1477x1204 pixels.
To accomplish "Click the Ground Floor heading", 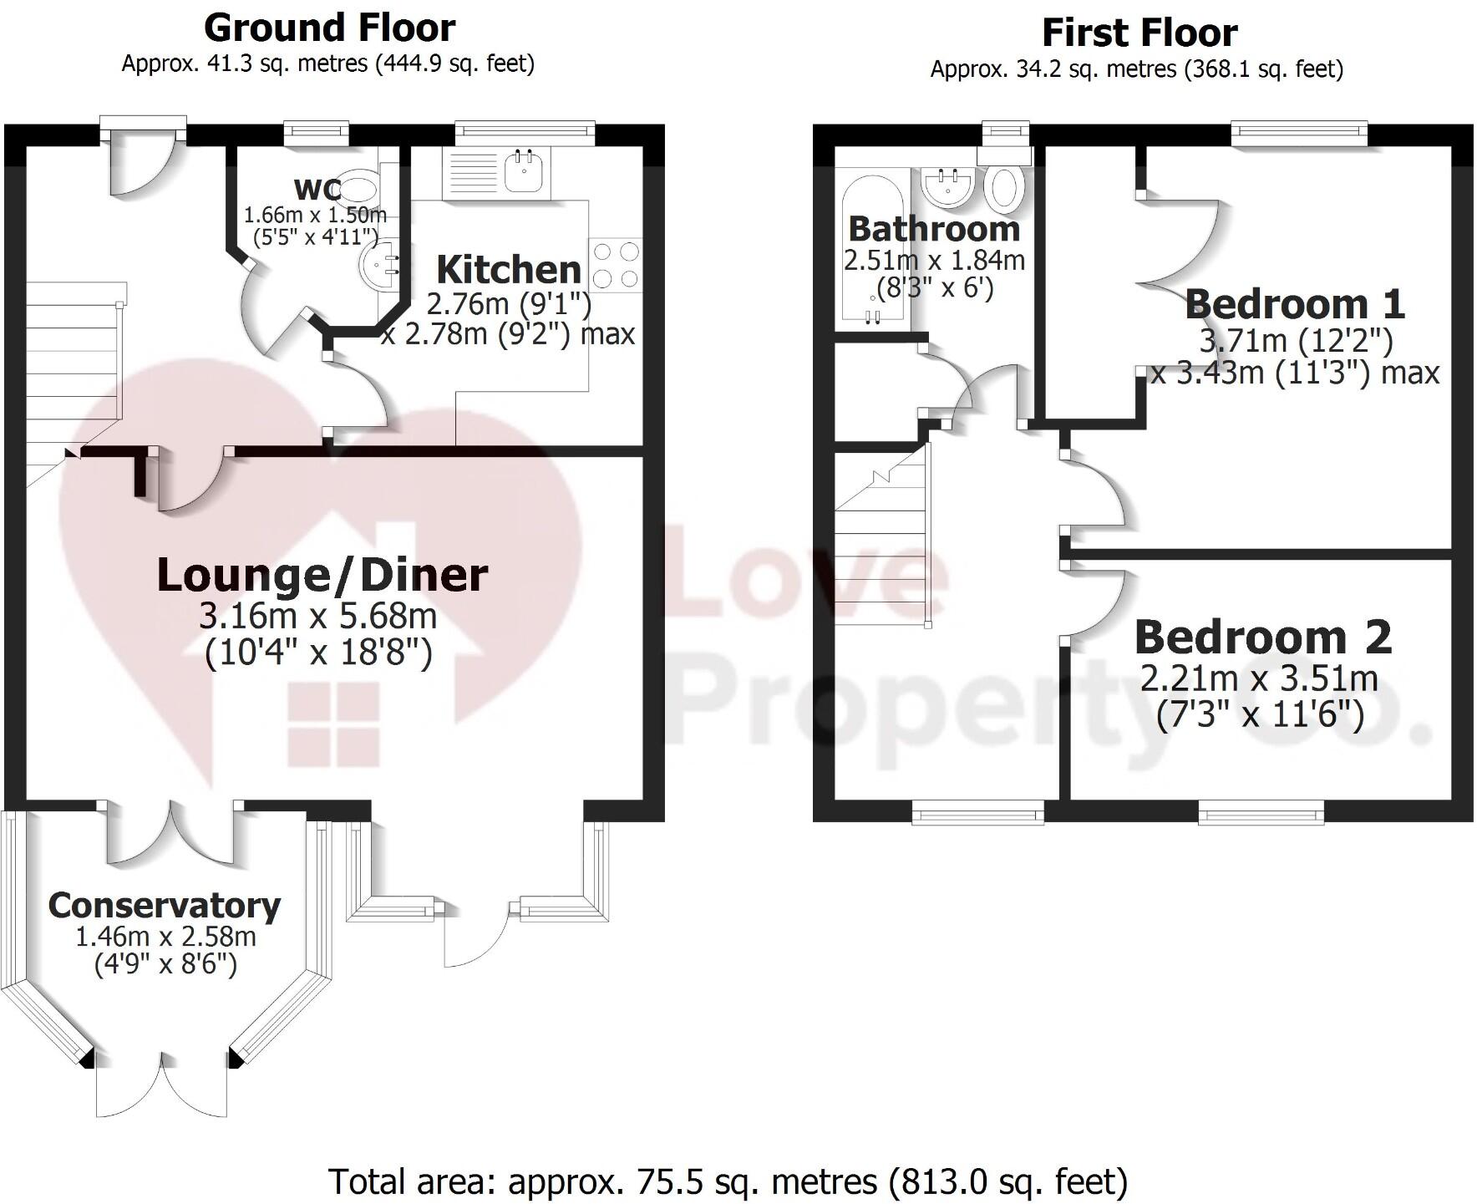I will [329, 28].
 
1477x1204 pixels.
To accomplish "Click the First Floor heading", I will [1139, 33].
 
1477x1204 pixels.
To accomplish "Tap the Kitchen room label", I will [509, 270].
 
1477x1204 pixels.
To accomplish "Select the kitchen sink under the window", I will [525, 172].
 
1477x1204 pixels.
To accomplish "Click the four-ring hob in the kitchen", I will [616, 264].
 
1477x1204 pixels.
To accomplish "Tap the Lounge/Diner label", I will [322, 576].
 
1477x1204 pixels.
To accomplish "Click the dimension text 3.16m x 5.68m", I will [317, 617].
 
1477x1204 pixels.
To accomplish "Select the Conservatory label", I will [165, 906].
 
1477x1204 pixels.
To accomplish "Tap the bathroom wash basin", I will [947, 185].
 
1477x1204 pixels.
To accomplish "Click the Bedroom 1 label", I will [1294, 304].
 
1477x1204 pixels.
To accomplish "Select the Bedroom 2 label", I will [1262, 638].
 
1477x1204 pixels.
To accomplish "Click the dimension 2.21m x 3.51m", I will [1259, 678].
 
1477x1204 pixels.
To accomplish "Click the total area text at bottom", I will [728, 1181].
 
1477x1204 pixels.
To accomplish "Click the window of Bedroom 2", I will [1261, 811].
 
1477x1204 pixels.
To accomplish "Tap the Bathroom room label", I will [934, 228].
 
